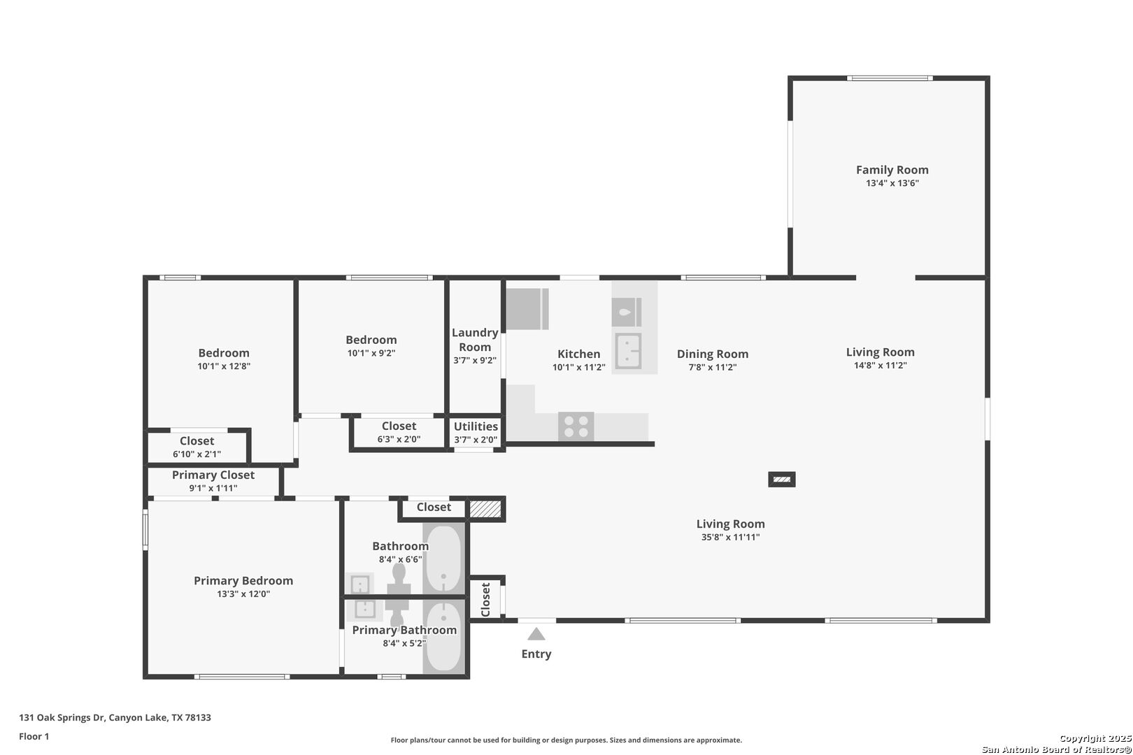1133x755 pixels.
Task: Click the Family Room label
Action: [892, 170]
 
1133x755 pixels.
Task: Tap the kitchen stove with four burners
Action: [576, 426]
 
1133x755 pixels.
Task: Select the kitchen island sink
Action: [628, 350]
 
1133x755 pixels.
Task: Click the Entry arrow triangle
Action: [536, 633]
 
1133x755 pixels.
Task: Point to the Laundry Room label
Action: [475, 340]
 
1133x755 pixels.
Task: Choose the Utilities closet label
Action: [476, 426]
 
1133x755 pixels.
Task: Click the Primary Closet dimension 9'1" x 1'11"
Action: [213, 488]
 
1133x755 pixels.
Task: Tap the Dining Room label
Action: [712, 354]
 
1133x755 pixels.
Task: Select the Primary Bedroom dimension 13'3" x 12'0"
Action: [243, 594]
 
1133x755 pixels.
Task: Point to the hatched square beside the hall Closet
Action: [485, 509]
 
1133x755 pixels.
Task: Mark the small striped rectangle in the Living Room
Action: [781, 480]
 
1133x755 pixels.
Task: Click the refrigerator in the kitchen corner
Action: [527, 309]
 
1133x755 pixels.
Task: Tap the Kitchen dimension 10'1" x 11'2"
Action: [578, 367]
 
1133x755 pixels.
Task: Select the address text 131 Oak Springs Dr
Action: [62, 717]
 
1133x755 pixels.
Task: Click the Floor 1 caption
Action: [34, 736]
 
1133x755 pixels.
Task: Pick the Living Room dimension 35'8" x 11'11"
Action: [730, 537]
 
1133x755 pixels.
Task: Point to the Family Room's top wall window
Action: [890, 78]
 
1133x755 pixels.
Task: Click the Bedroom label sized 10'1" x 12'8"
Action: [224, 353]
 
